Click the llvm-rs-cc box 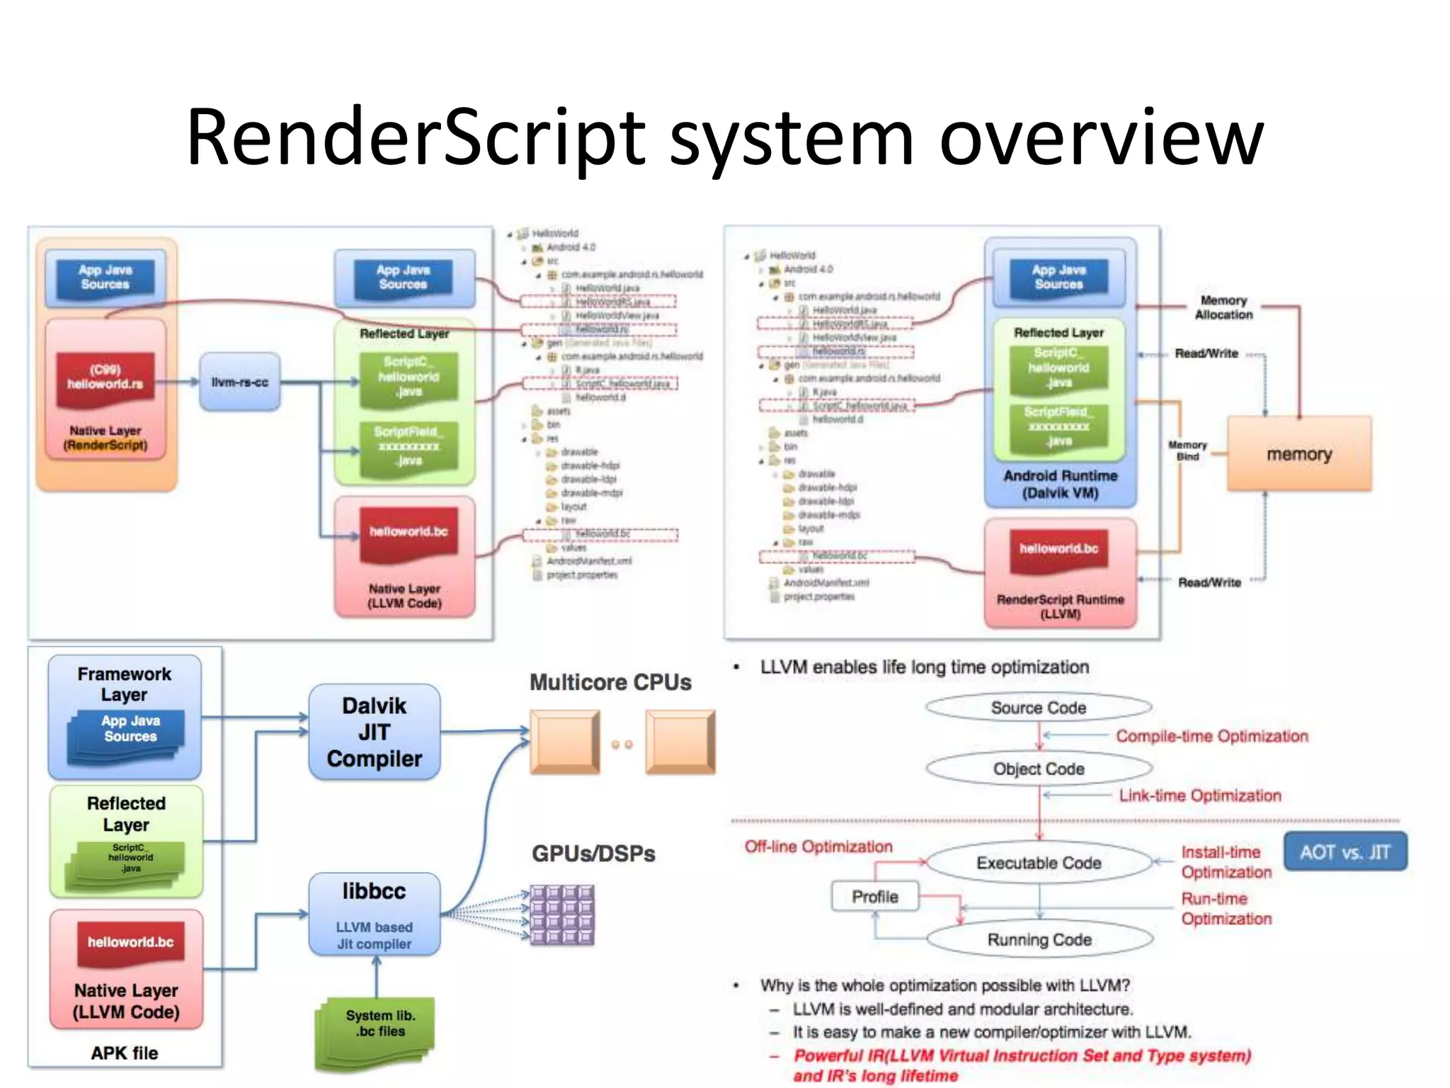(x=239, y=382)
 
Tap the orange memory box (x=1298, y=453)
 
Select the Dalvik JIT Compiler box (x=374, y=732)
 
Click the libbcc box (x=374, y=914)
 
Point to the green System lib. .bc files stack (x=375, y=1033)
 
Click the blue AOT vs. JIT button (x=1345, y=851)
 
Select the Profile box (x=874, y=897)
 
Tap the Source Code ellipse (x=1038, y=707)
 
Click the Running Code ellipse (x=1039, y=939)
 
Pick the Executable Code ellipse (x=1039, y=862)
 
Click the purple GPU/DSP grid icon (x=562, y=914)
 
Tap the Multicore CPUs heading (x=610, y=681)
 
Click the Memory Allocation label (x=1223, y=307)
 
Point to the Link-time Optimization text (x=1199, y=795)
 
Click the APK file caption (x=125, y=1053)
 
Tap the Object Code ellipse (x=1038, y=769)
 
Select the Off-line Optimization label (x=818, y=846)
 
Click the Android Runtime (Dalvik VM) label (x=1060, y=484)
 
